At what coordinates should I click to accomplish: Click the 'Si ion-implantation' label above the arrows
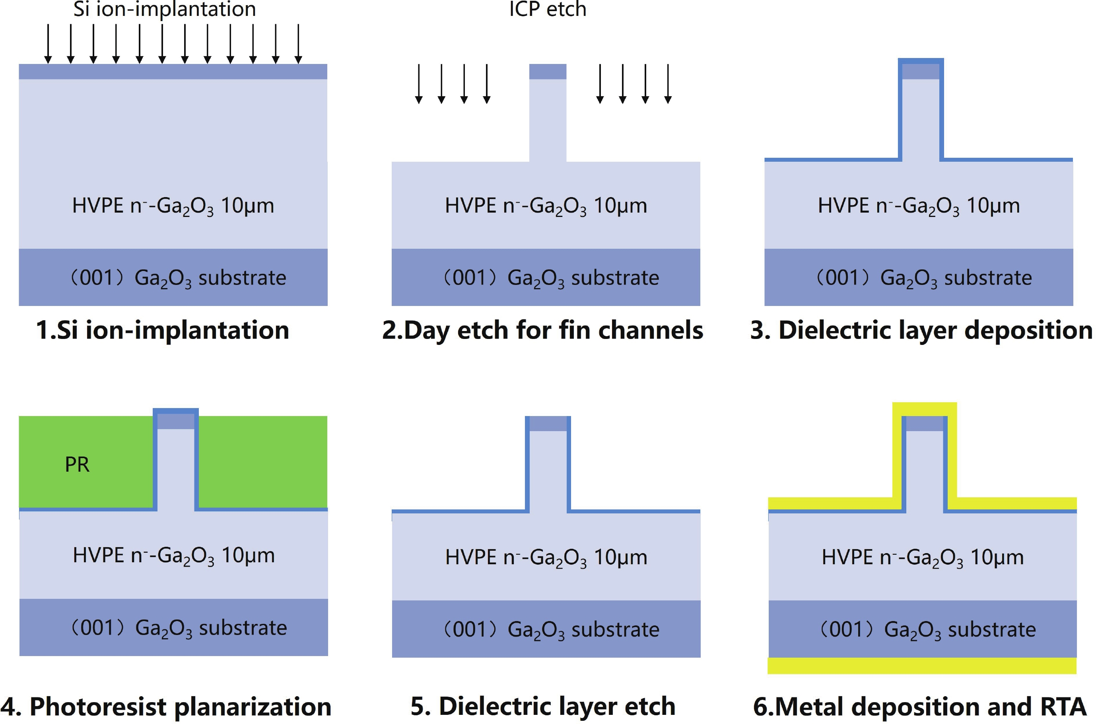click(165, 9)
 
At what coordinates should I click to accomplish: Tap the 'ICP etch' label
click(548, 9)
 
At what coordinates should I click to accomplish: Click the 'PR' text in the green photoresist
click(77, 465)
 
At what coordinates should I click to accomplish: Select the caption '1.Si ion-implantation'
click(162, 331)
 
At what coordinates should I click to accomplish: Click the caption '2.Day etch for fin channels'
click(542, 331)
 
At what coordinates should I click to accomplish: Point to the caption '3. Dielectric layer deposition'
click(921, 331)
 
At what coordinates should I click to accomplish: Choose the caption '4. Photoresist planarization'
click(166, 707)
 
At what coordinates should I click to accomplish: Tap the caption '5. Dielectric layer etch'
click(543, 707)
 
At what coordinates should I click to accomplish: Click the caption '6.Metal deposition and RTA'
click(919, 707)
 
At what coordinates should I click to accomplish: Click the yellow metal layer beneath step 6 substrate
click(922, 665)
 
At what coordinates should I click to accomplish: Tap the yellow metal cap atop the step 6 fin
click(924, 408)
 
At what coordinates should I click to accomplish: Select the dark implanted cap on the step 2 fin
click(548, 72)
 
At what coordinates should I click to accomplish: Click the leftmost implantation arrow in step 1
click(48, 44)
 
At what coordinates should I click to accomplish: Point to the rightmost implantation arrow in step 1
click(299, 44)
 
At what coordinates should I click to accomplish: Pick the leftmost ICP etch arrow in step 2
click(419, 83)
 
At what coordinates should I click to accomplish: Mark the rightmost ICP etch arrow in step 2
click(668, 83)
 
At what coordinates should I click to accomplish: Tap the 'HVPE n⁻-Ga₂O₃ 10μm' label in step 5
click(546, 558)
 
